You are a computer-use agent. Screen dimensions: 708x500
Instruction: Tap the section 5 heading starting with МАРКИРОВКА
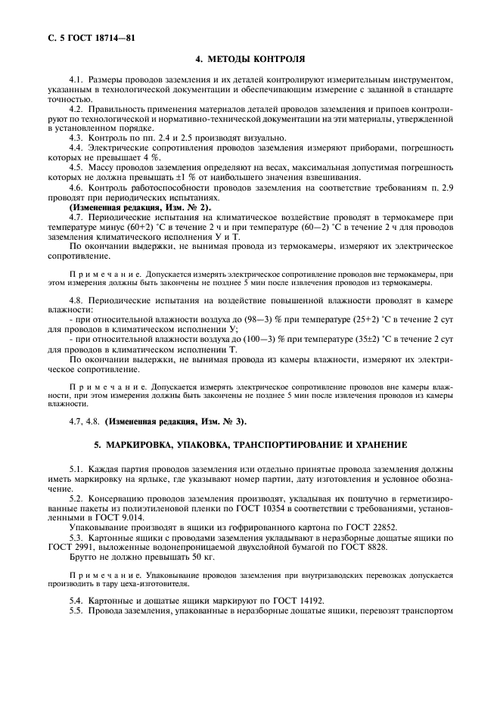pyautogui.click(x=250, y=444)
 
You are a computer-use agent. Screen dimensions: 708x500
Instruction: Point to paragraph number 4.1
pyautogui.click(x=76, y=79)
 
